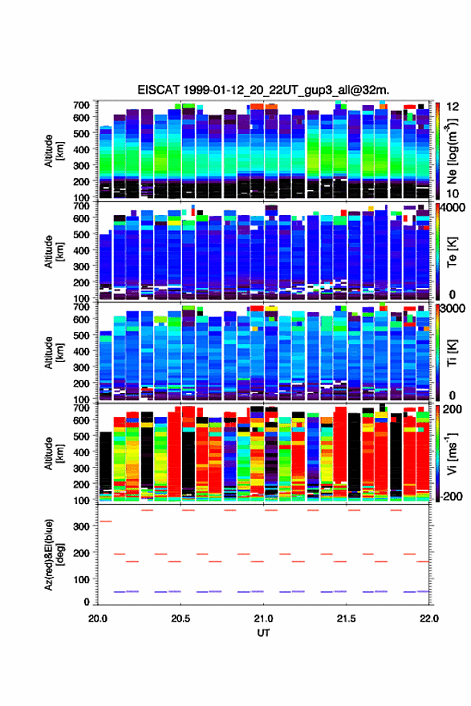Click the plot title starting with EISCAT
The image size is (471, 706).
[x=263, y=90]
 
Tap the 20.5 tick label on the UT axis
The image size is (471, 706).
[x=180, y=619]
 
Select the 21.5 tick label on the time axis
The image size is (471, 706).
[x=346, y=619]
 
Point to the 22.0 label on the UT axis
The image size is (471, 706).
[x=428, y=619]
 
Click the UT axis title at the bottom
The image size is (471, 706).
[x=263, y=633]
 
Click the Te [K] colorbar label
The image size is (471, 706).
[x=452, y=252]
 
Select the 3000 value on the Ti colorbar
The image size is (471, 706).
[x=452, y=309]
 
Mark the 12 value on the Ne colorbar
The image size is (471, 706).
[x=453, y=107]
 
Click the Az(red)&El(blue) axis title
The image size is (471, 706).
[x=54, y=554]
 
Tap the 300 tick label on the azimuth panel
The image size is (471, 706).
[x=81, y=526]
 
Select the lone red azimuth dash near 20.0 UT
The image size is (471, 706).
[x=105, y=521]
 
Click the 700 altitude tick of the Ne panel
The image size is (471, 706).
[x=81, y=105]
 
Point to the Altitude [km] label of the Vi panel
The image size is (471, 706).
[x=54, y=453]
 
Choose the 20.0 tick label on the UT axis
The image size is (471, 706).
[x=98, y=619]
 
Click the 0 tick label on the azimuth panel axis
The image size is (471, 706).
[x=87, y=602]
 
